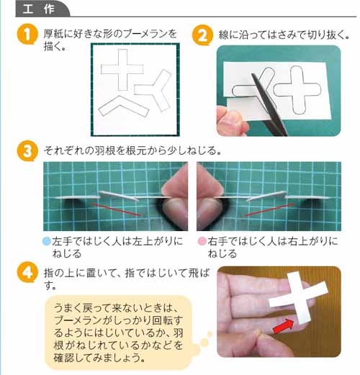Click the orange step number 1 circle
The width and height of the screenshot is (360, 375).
(27, 36)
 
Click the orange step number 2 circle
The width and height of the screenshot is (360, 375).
(202, 35)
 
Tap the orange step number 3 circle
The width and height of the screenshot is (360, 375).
(27, 150)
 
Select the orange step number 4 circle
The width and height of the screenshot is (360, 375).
(27, 274)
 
